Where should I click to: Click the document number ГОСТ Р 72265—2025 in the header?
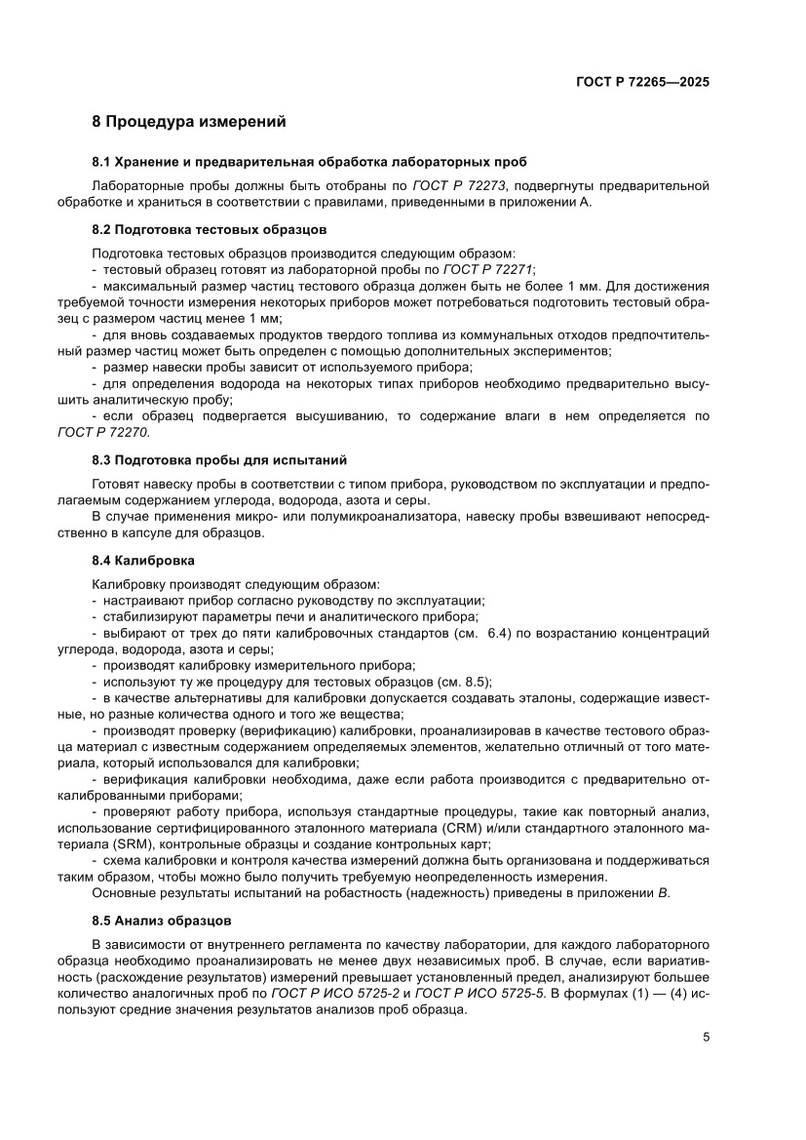(x=640, y=83)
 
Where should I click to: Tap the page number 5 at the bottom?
(x=706, y=1038)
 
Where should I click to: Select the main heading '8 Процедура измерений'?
(x=188, y=123)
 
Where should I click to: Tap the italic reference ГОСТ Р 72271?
(x=488, y=269)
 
